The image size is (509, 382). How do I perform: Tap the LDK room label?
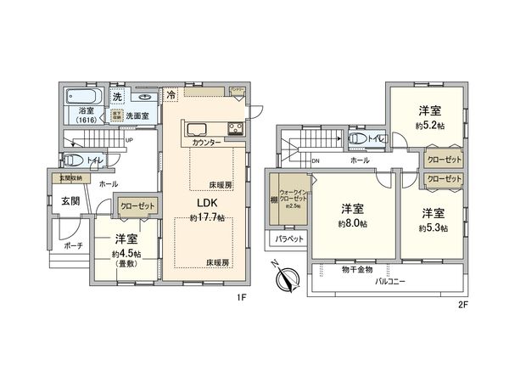209,204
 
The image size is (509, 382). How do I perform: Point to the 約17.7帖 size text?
209,218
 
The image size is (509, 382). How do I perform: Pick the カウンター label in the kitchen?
205,143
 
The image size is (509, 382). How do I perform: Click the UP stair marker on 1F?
128,141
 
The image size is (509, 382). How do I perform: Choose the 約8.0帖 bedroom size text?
352,223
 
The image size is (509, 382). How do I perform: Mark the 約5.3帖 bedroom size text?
433,228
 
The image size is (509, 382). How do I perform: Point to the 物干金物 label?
357,269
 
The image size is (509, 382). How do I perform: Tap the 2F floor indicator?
463,303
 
